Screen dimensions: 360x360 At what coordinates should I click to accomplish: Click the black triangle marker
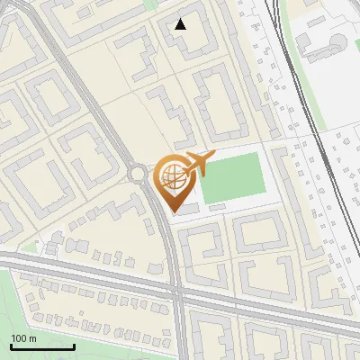tap(180, 24)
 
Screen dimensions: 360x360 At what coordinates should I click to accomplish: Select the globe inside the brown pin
tap(171, 177)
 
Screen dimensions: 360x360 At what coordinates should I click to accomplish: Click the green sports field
tap(232, 176)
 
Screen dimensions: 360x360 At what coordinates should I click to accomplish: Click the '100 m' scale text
tap(24, 337)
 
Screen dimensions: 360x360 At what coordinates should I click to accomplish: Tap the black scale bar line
tap(42, 346)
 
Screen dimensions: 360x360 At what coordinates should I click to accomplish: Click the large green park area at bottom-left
tap(27, 306)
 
